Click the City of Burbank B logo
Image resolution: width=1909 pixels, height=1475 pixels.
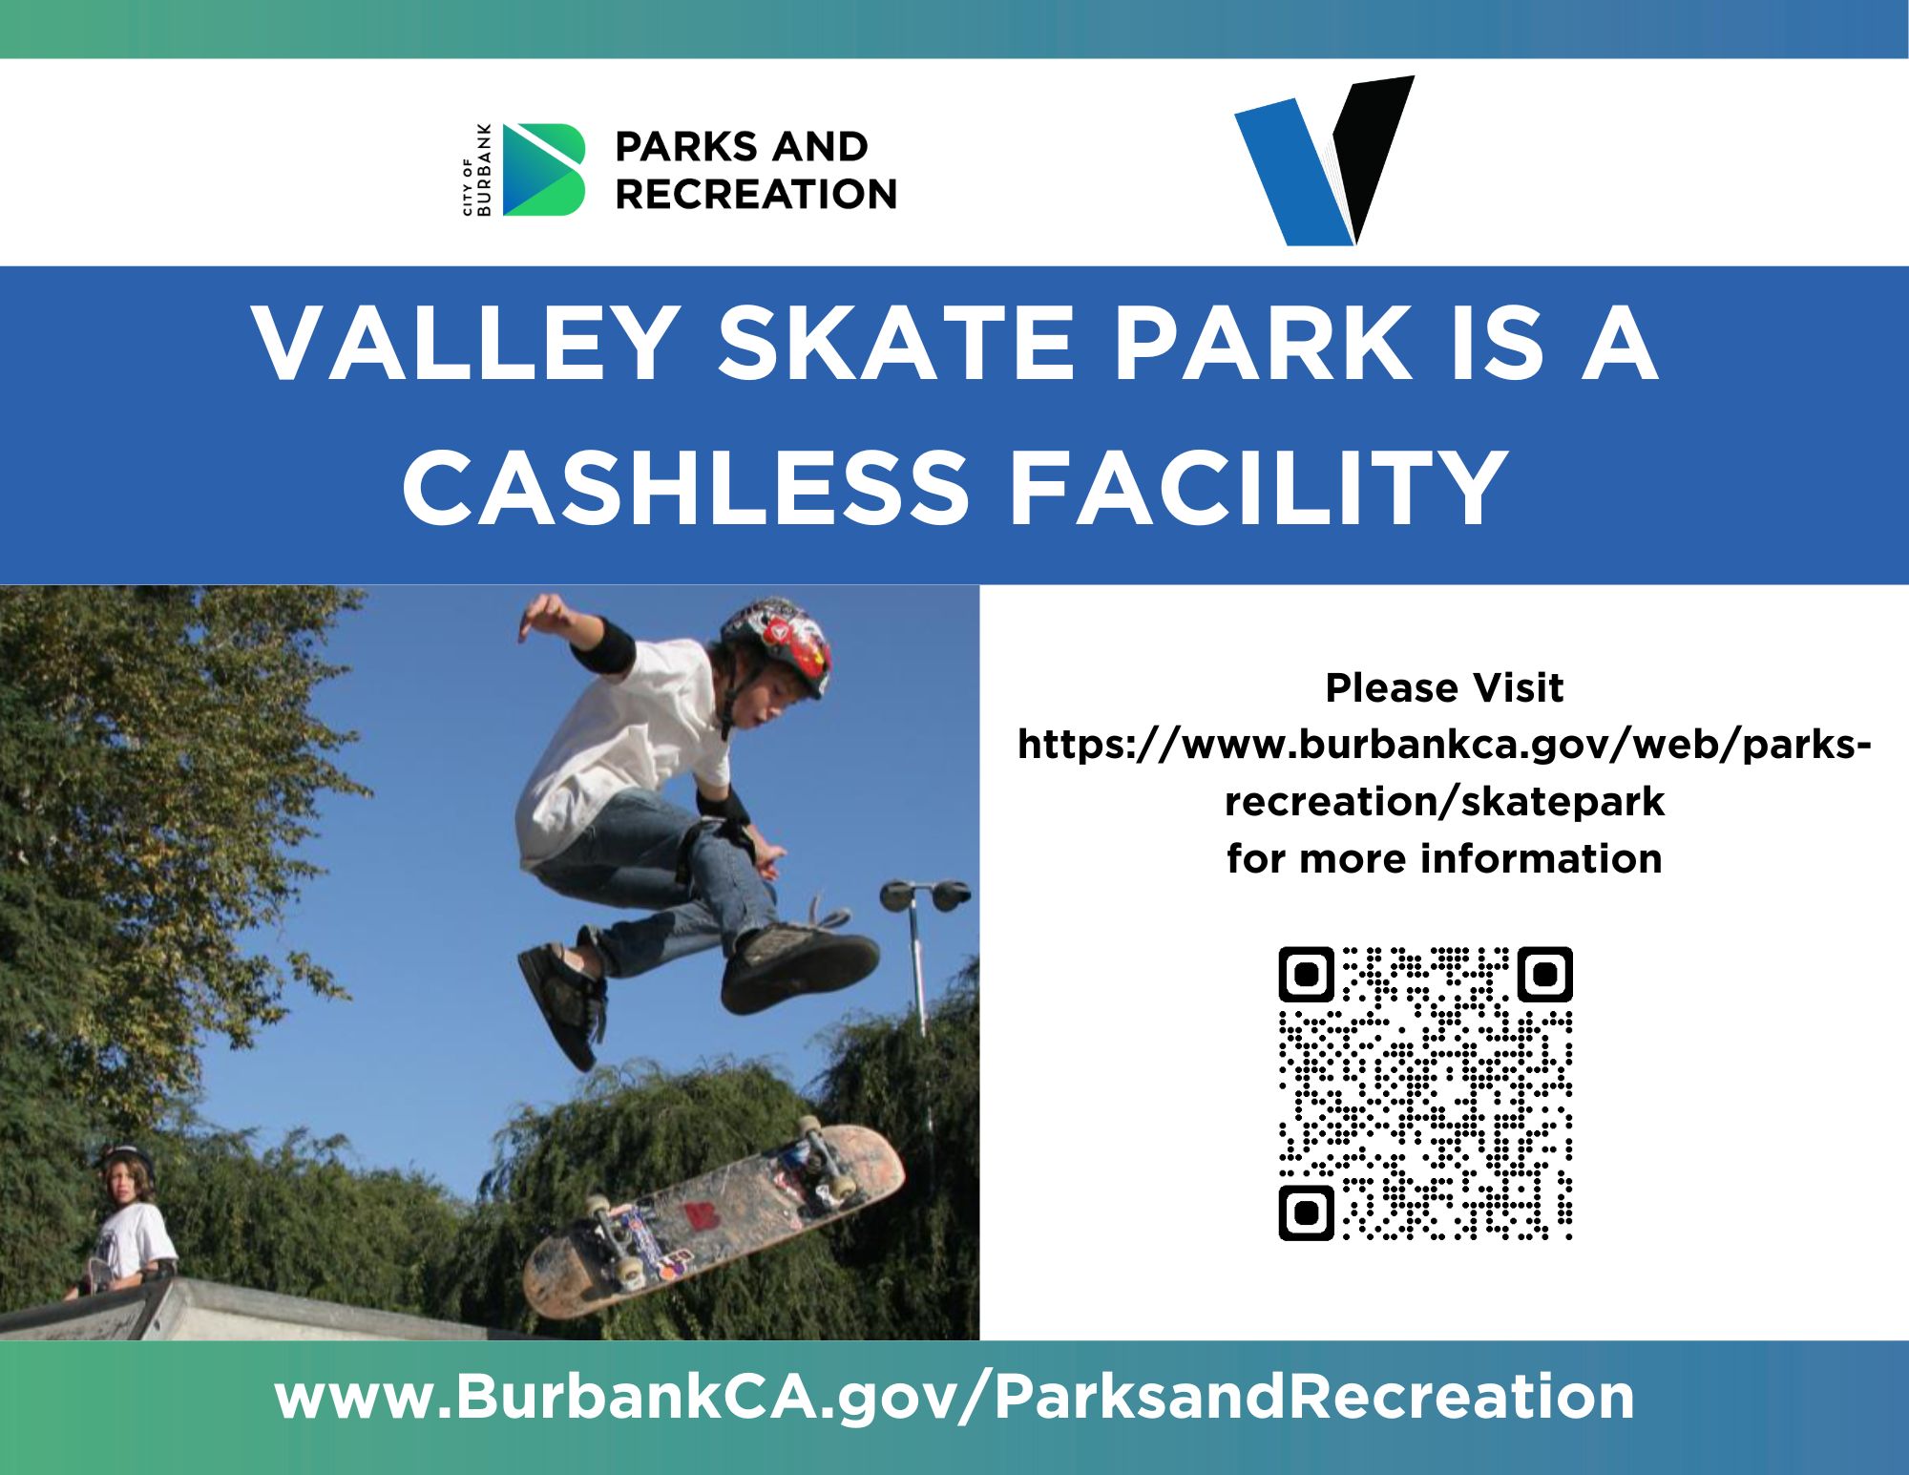point(543,170)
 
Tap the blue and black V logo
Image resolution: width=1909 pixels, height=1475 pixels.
point(1324,161)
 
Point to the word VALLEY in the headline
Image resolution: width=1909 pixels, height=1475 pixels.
point(464,343)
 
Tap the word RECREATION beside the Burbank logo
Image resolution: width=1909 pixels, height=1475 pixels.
point(756,194)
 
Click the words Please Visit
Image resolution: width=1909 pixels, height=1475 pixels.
point(1444,687)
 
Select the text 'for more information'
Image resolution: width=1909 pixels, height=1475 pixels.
point(1444,858)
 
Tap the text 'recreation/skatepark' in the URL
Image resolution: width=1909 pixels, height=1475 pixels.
point(1444,802)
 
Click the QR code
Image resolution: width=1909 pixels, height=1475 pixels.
point(1425,1093)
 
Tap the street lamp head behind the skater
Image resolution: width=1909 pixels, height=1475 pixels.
point(925,896)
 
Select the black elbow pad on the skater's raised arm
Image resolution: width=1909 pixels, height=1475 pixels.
point(603,645)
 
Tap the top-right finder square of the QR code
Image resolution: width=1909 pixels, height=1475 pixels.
point(1545,974)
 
